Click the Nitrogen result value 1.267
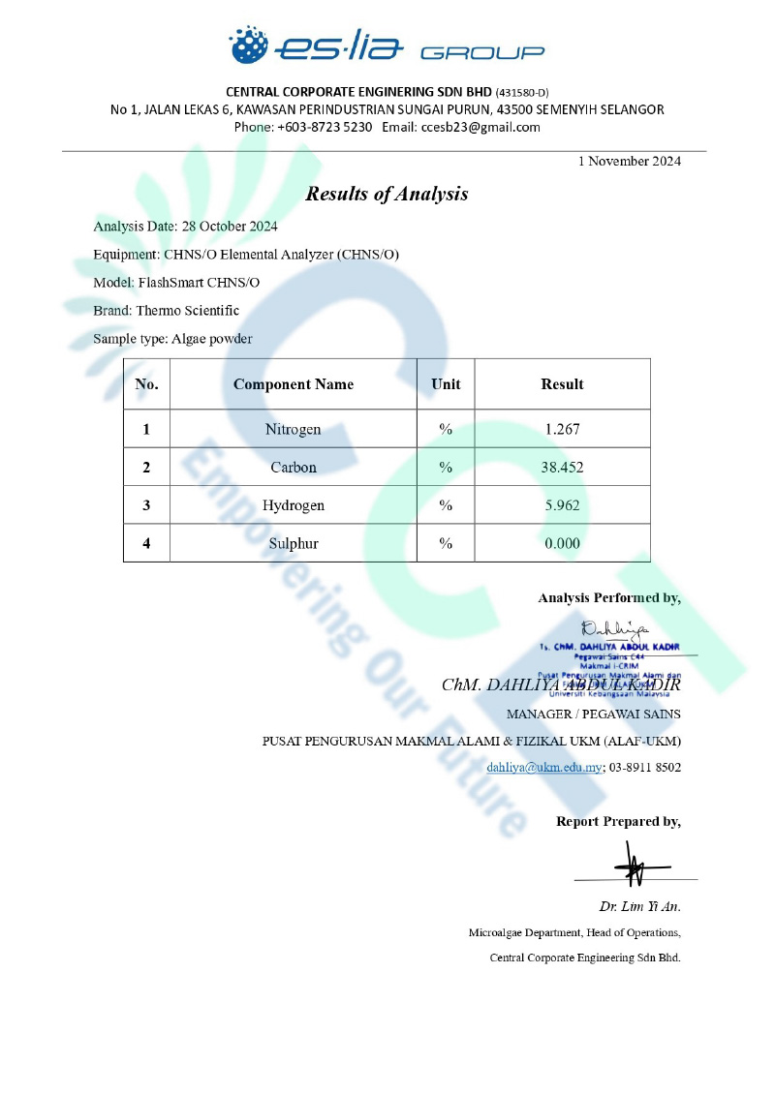[562, 429]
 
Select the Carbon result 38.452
[562, 467]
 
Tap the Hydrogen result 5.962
[562, 505]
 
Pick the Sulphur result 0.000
[562, 543]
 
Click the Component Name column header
[294, 384]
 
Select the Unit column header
[446, 384]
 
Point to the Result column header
[562, 384]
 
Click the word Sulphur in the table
[294, 543]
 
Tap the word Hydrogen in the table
[294, 505]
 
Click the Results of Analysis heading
[387, 194]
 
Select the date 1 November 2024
[629, 161]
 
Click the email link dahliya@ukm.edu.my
[544, 767]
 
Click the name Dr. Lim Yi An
[639, 907]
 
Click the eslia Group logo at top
[387, 46]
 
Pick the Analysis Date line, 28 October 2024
[185, 227]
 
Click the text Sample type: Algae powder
[172, 339]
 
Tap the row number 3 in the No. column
[146, 505]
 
